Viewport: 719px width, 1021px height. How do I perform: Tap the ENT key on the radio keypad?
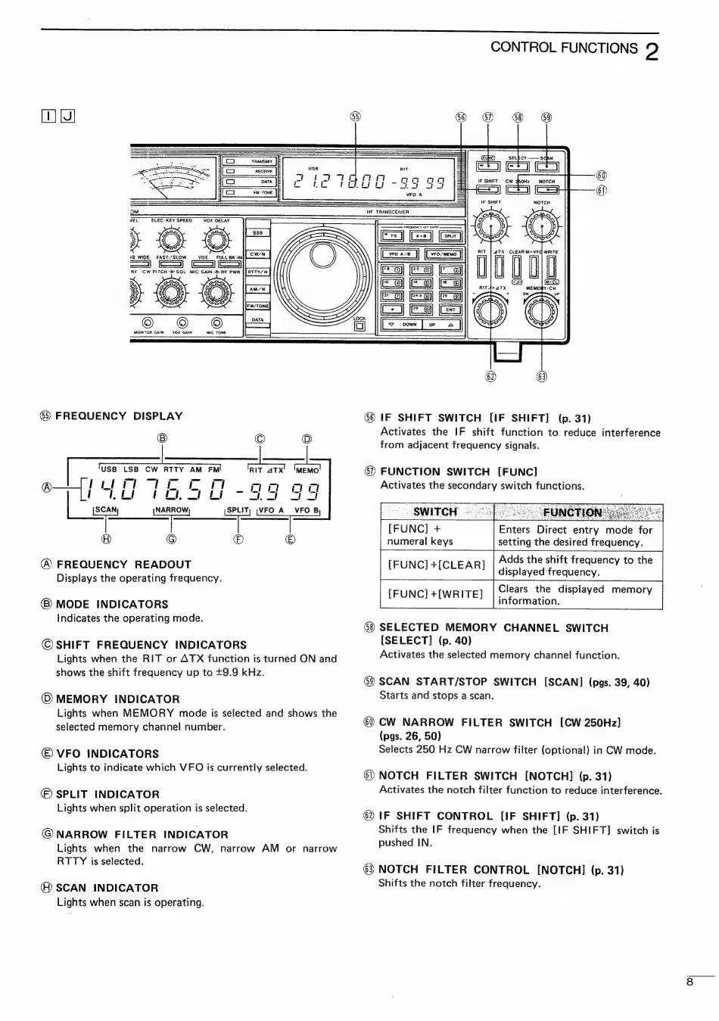click(450, 310)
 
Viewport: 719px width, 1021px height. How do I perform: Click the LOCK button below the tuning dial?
click(359, 326)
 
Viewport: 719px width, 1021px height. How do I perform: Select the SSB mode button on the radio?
click(258, 233)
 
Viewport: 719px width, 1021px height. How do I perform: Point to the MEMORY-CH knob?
click(540, 312)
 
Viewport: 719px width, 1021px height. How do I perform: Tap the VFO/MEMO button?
click(444, 254)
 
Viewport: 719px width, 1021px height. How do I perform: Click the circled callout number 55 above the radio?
click(356, 117)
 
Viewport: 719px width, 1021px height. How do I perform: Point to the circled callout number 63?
click(541, 377)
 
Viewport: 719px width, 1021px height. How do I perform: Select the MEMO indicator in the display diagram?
click(307, 470)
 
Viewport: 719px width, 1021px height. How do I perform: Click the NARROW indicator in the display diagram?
click(172, 510)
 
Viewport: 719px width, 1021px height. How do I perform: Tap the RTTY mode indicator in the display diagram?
click(173, 469)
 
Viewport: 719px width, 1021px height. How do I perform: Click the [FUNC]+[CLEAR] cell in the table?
click(437, 565)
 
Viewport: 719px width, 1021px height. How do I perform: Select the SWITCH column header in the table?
click(436, 512)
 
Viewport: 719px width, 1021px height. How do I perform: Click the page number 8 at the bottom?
click(689, 982)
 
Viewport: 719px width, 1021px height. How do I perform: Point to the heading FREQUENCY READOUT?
click(123, 565)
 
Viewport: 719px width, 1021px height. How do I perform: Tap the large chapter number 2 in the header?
click(652, 51)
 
